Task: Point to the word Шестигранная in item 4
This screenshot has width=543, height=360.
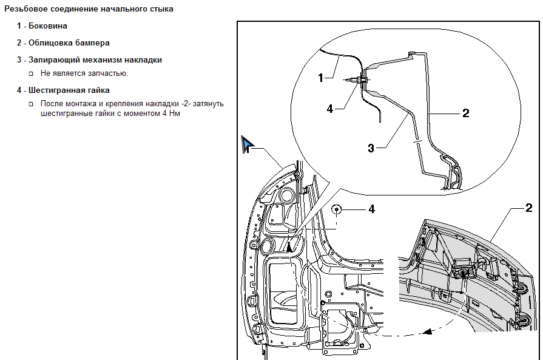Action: pyautogui.click(x=55, y=90)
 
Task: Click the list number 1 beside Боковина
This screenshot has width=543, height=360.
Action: pyautogui.click(x=19, y=26)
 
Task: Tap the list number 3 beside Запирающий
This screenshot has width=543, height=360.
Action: pyautogui.click(x=19, y=60)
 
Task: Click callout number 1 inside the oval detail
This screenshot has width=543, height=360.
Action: pyautogui.click(x=321, y=77)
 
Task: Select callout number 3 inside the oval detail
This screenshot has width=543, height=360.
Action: pyautogui.click(x=371, y=148)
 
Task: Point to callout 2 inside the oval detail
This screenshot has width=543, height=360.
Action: pyautogui.click(x=465, y=112)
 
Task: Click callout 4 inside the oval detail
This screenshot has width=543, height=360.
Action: pyautogui.click(x=329, y=109)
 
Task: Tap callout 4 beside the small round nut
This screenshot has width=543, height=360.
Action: pyautogui.click(x=371, y=209)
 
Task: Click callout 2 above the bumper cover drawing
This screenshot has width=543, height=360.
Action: pyautogui.click(x=528, y=208)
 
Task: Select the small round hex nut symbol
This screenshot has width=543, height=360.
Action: pyautogui.click(x=337, y=209)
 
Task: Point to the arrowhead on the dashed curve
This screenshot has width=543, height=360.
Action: pyautogui.click(x=428, y=332)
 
